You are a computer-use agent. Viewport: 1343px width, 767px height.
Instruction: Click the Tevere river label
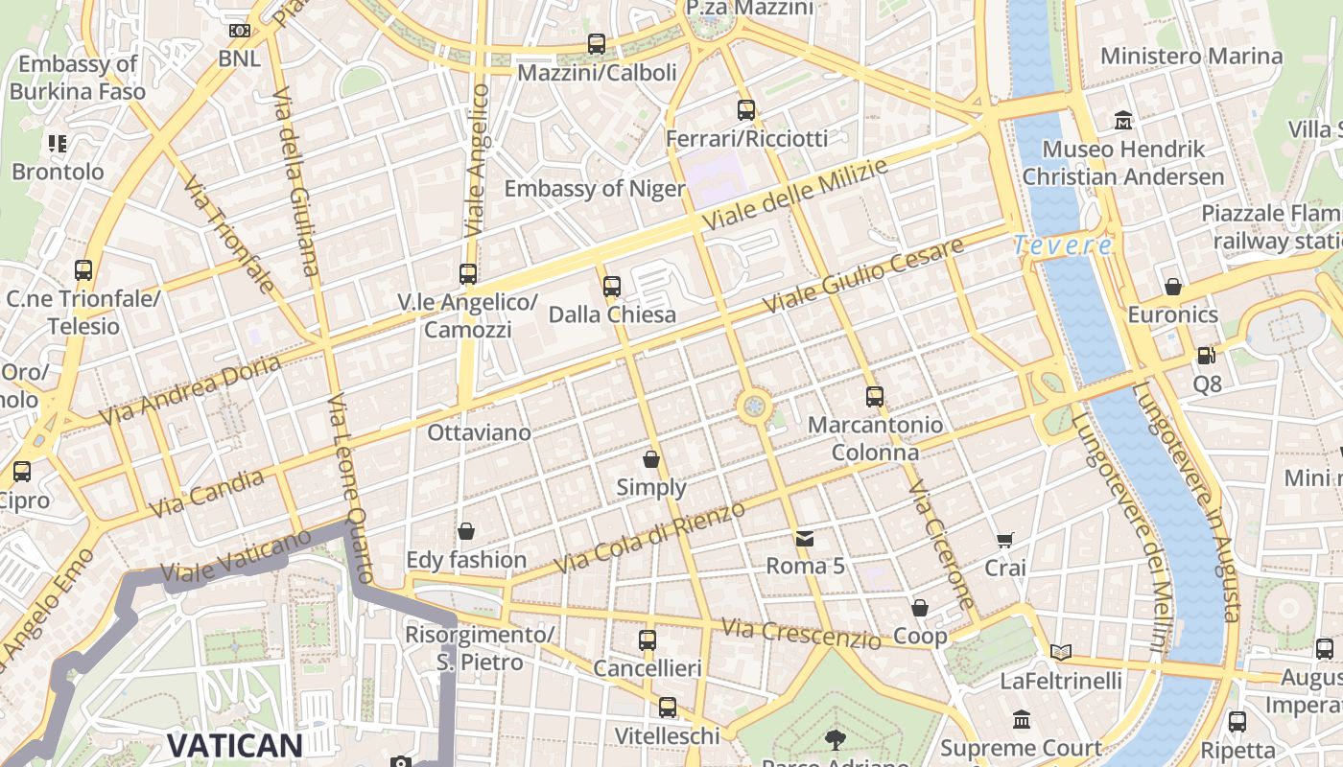click(1063, 245)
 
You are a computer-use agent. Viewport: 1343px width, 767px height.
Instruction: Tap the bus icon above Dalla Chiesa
click(612, 286)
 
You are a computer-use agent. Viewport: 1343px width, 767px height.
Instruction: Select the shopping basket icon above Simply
click(651, 459)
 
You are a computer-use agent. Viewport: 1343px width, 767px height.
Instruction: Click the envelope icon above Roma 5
click(805, 538)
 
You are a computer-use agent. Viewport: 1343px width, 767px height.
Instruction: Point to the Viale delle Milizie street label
click(795, 195)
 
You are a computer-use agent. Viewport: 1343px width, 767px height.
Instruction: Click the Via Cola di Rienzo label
click(650, 537)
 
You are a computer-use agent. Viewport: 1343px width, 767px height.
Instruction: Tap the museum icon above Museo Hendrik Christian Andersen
click(1123, 121)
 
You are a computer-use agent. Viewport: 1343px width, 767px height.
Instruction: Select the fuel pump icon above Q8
click(1207, 356)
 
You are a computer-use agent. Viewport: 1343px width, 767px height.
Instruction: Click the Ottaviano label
click(479, 432)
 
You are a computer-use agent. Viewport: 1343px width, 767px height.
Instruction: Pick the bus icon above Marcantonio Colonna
click(874, 396)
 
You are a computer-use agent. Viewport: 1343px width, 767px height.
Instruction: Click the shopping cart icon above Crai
click(1004, 541)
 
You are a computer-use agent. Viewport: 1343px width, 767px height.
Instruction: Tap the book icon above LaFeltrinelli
click(1060, 653)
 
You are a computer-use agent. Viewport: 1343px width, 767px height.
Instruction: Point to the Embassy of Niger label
click(595, 188)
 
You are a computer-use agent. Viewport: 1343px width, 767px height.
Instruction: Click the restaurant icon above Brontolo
click(58, 144)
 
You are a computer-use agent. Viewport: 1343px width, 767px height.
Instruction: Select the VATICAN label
click(235, 745)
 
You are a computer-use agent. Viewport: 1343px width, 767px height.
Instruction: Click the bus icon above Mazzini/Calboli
click(597, 44)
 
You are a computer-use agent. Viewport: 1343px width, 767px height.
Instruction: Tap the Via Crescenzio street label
click(800, 634)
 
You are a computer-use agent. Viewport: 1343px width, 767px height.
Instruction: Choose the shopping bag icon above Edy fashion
click(466, 531)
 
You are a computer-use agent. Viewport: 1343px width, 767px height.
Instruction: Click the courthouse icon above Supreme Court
click(1021, 720)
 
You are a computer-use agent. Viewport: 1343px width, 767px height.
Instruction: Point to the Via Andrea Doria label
click(190, 390)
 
